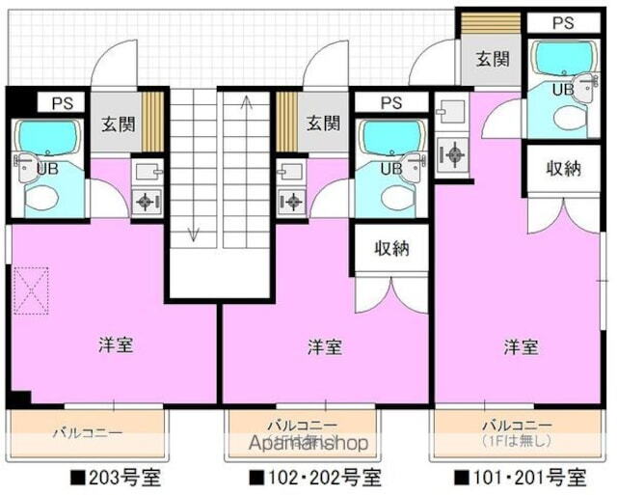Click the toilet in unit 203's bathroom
point(42,199)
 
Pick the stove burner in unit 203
point(147,202)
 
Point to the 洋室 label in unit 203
point(115,344)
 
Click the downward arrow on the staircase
point(193,233)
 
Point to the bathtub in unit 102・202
point(389,138)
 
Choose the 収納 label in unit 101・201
point(564,168)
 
